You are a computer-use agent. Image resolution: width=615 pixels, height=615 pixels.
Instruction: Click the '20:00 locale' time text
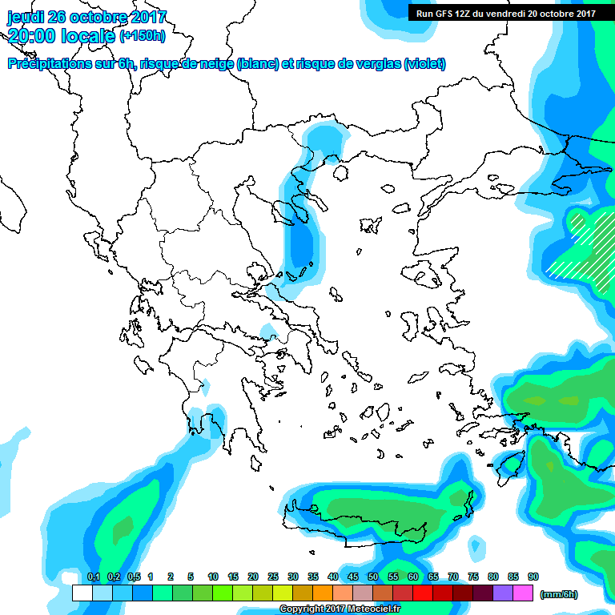point(62,35)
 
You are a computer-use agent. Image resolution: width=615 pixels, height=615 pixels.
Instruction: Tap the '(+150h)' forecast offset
point(143,35)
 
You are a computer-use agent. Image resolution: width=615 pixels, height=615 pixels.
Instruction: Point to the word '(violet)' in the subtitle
point(424,64)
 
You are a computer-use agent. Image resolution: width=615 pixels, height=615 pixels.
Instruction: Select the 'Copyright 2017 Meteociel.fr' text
point(340,609)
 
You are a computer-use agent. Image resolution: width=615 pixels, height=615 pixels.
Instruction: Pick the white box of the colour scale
point(82,593)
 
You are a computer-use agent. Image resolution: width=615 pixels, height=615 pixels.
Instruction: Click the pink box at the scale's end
point(523,593)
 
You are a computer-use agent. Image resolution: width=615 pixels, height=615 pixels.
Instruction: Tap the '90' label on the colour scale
point(533,577)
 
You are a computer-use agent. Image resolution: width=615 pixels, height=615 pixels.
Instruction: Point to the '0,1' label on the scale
point(93,577)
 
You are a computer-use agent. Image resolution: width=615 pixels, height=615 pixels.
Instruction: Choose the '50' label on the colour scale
point(373,577)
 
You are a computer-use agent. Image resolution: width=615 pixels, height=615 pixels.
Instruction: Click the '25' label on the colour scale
point(273,577)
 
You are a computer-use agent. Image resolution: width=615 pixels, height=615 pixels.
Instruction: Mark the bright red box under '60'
point(423,593)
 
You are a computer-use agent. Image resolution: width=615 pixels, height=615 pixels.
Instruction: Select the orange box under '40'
point(323,593)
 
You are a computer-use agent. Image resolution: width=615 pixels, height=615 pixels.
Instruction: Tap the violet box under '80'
point(503,593)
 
